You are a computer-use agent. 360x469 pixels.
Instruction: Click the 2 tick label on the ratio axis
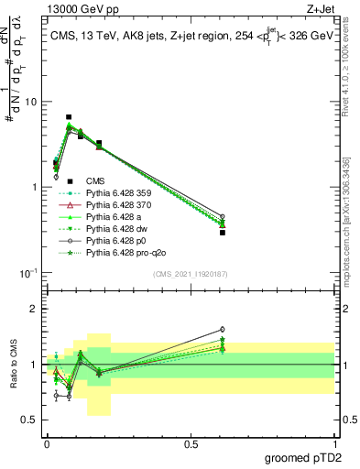(x=34, y=309)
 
